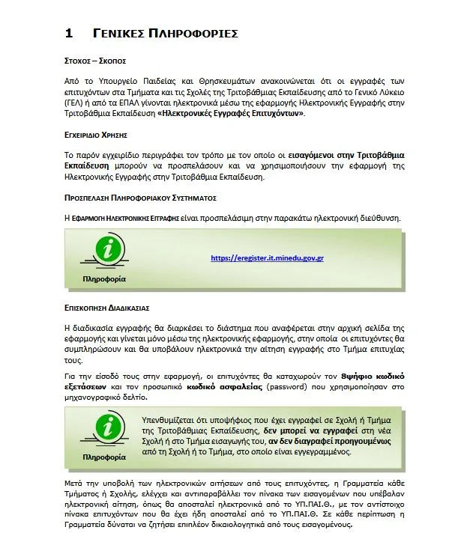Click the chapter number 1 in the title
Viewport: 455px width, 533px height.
coord(68,33)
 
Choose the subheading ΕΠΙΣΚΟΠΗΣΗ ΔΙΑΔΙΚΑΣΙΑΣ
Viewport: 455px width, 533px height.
coord(108,307)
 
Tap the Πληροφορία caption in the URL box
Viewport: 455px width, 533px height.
coord(104,278)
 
